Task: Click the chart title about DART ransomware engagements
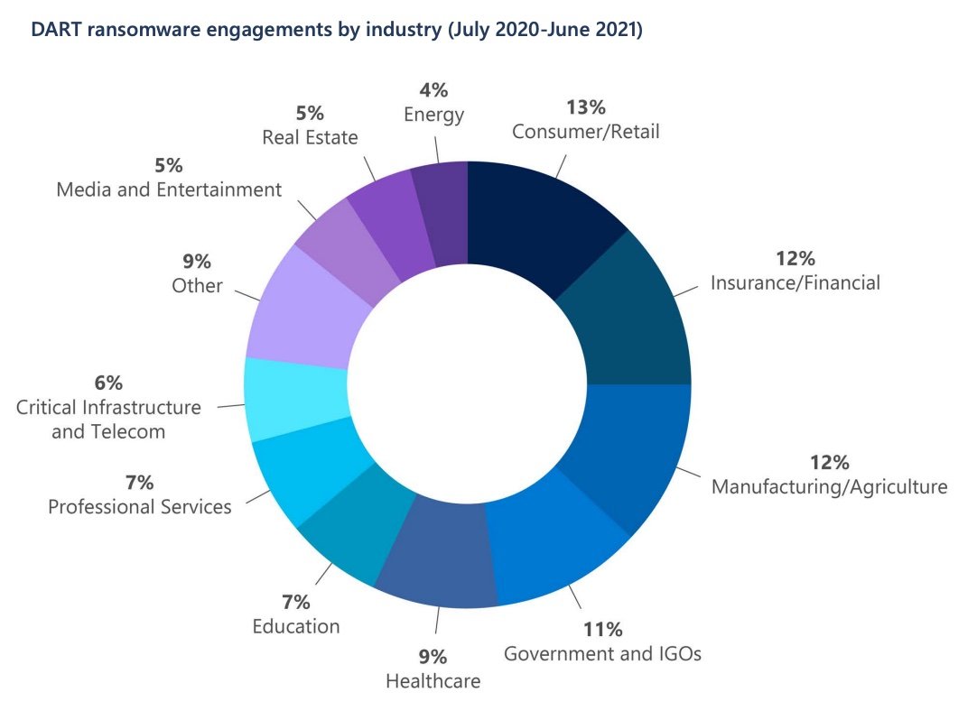click(x=336, y=29)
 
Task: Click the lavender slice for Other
click(x=302, y=307)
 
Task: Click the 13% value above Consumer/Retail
click(x=585, y=108)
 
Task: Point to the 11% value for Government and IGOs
click(x=601, y=629)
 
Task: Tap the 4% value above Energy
click(x=433, y=90)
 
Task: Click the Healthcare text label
click(x=433, y=680)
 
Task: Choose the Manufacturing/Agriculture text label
click(x=829, y=487)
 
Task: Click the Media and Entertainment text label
click(x=169, y=189)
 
